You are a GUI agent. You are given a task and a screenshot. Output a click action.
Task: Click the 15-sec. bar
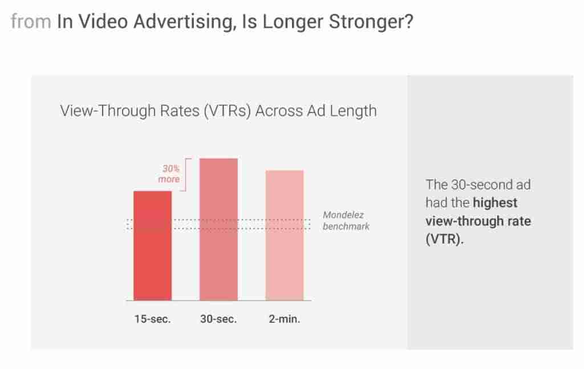pyautogui.click(x=153, y=245)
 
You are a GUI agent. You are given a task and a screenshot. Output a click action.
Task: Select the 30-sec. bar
pyautogui.click(x=218, y=229)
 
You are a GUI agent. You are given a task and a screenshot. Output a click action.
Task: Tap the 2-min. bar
pyautogui.click(x=285, y=236)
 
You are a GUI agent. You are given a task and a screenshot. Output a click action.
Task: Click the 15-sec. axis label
pyautogui.click(x=152, y=319)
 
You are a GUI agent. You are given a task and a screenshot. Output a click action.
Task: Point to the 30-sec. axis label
pyautogui.click(x=218, y=319)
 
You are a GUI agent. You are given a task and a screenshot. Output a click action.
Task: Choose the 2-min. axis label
pyautogui.click(x=285, y=319)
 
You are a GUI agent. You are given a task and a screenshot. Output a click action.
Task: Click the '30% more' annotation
pyautogui.click(x=169, y=174)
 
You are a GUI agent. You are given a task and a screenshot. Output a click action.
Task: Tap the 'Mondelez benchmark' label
pyautogui.click(x=346, y=221)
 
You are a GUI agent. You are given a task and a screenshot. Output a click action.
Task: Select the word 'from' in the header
pyautogui.click(x=31, y=21)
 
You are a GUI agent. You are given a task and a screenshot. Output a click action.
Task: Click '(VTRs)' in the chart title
pyautogui.click(x=227, y=111)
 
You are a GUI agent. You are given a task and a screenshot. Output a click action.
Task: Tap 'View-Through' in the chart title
pyautogui.click(x=108, y=111)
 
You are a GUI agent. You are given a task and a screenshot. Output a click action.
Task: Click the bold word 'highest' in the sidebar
pyautogui.click(x=495, y=203)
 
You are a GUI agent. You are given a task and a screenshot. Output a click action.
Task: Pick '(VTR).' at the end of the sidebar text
pyautogui.click(x=445, y=239)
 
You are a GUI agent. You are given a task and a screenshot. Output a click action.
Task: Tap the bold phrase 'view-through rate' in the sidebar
pyautogui.click(x=478, y=221)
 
